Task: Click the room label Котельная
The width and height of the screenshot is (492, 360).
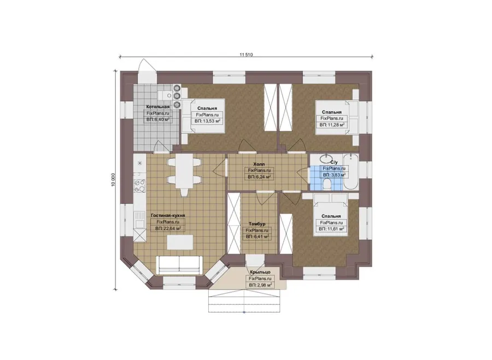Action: click(157, 107)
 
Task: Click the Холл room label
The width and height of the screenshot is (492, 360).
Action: click(259, 164)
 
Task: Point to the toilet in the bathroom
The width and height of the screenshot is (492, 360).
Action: click(327, 184)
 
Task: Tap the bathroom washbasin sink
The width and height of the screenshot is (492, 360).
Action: click(326, 157)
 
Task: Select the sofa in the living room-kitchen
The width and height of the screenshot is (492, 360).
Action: click(179, 265)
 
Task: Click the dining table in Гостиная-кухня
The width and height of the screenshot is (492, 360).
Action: click(184, 171)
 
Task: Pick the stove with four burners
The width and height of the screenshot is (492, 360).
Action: click(139, 186)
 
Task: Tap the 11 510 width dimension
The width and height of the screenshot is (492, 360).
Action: click(246, 55)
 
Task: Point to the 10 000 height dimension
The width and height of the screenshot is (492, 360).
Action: click(113, 180)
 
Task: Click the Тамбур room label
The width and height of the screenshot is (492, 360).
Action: click(257, 224)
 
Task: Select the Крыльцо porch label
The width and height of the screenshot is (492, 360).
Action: click(260, 272)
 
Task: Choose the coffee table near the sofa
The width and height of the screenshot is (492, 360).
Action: click(180, 242)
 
